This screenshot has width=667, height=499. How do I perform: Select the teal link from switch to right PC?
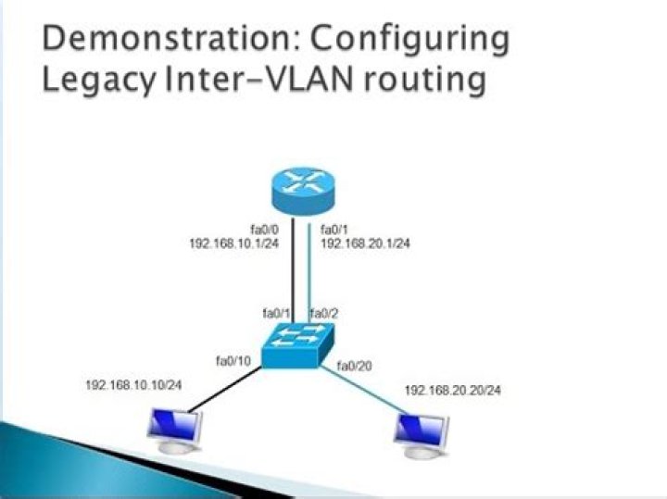pos(366,389)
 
